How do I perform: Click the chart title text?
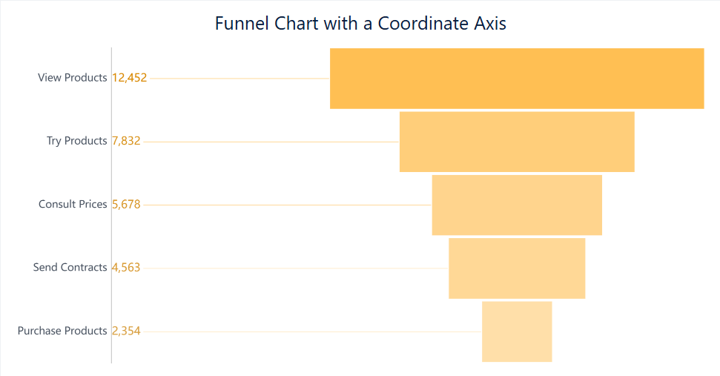(x=360, y=23)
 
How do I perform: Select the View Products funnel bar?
(x=517, y=79)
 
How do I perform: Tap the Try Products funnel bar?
(x=517, y=142)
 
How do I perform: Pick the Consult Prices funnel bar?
(x=517, y=205)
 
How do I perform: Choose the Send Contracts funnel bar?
(x=517, y=268)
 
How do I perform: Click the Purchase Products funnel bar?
(x=517, y=332)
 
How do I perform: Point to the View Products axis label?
(x=73, y=78)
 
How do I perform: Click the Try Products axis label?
(x=77, y=141)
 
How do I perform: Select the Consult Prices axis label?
(x=73, y=204)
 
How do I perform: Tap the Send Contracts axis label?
(x=70, y=267)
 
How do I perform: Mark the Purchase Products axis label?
(x=62, y=331)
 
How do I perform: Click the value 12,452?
(x=130, y=78)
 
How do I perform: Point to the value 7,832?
(x=126, y=141)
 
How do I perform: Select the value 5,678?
(x=126, y=204)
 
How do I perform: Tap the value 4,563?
(x=126, y=267)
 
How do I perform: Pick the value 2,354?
(x=126, y=331)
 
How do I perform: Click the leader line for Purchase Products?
(x=311, y=332)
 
